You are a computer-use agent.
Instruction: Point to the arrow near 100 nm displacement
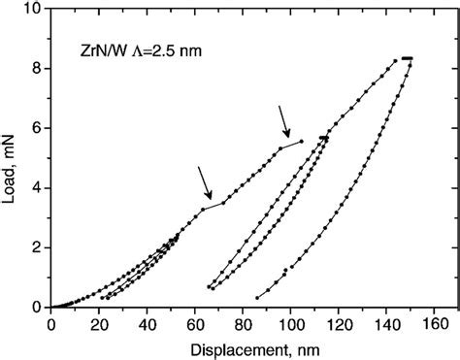point(284,121)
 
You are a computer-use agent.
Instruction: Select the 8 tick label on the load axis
point(37,69)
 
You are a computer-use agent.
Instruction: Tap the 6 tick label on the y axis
point(37,128)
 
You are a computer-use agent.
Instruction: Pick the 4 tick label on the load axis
point(37,188)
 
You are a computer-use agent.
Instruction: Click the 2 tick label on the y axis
point(37,247)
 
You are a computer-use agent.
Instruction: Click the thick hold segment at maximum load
point(408,59)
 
